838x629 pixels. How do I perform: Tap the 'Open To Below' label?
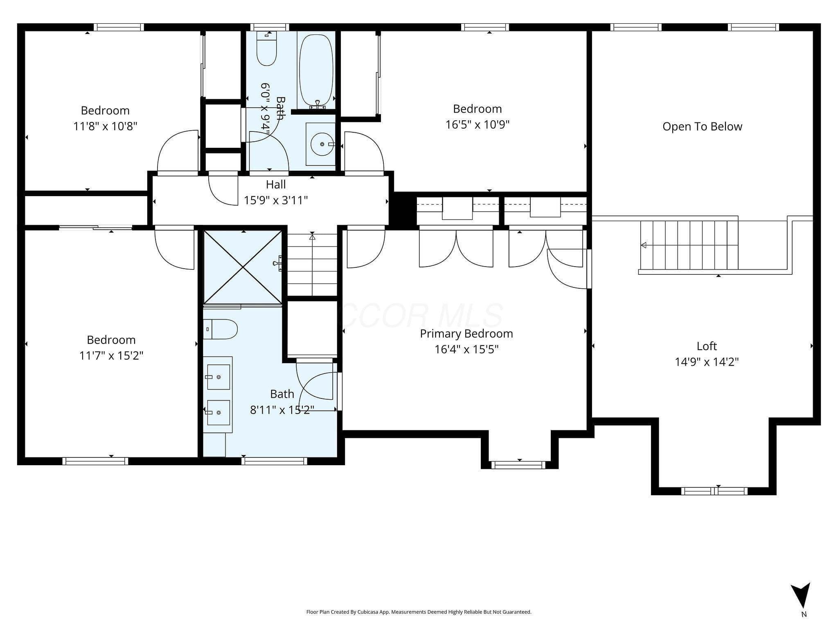[x=702, y=127]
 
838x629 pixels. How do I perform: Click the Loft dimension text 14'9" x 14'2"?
[x=707, y=362]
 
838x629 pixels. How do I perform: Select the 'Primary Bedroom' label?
[x=466, y=334]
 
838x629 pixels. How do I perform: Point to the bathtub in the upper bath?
[x=316, y=70]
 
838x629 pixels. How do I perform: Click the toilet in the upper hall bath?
[x=267, y=48]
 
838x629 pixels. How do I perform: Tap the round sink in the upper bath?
[x=322, y=144]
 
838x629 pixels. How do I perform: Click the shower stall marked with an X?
[x=243, y=267]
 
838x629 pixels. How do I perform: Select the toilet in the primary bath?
[x=220, y=329]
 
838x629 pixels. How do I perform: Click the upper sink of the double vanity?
[x=218, y=377]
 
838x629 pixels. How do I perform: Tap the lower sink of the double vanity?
[x=218, y=413]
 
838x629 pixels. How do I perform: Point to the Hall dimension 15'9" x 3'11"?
[x=276, y=200]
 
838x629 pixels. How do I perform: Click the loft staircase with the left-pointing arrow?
[x=689, y=245]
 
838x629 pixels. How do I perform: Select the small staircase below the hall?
[x=312, y=265]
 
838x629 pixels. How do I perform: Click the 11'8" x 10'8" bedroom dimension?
[x=105, y=126]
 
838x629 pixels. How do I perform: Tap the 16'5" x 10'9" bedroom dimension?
[x=478, y=124]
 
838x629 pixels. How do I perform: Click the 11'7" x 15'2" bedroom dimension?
[x=111, y=355]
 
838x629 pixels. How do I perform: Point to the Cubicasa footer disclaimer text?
[x=419, y=612]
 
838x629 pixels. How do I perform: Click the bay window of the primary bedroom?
[x=518, y=465]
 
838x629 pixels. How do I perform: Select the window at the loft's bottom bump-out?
[x=714, y=491]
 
